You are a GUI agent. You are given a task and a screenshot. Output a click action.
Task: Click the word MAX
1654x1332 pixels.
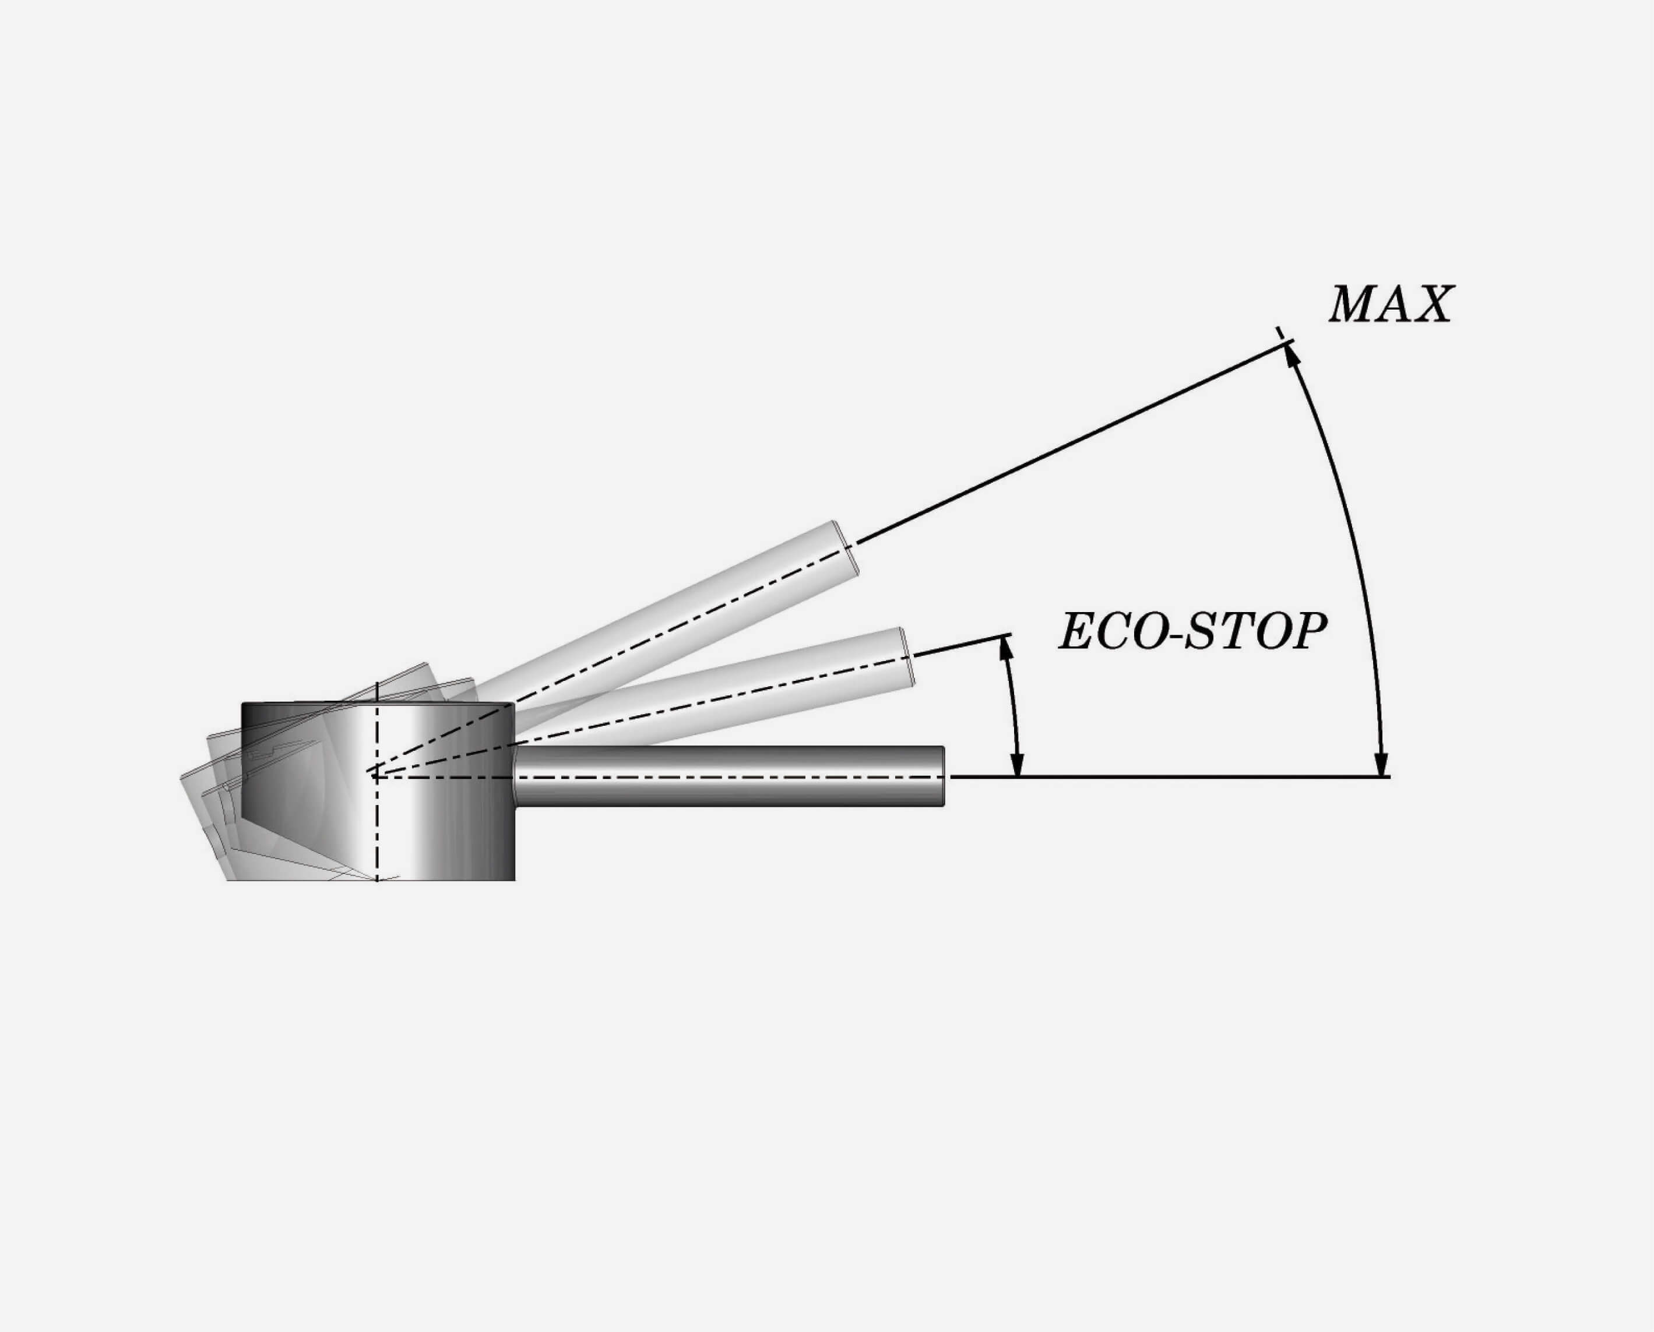(1391, 304)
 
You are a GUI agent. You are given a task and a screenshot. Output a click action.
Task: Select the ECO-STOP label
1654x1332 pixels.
(1192, 632)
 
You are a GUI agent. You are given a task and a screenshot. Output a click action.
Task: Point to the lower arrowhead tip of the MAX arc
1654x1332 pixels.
(1381, 776)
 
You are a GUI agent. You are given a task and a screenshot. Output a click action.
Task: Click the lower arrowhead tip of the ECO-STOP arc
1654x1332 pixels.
(1017, 776)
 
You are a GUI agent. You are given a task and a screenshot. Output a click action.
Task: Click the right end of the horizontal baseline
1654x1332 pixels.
(1390, 777)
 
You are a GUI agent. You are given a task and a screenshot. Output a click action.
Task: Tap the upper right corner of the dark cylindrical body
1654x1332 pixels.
(514, 703)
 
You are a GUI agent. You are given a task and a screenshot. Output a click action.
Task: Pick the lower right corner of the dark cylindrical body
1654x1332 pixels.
(514, 880)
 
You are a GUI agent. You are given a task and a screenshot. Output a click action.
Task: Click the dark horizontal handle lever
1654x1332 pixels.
(730, 776)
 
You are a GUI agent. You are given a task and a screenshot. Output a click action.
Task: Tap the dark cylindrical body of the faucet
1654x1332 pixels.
(378, 791)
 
